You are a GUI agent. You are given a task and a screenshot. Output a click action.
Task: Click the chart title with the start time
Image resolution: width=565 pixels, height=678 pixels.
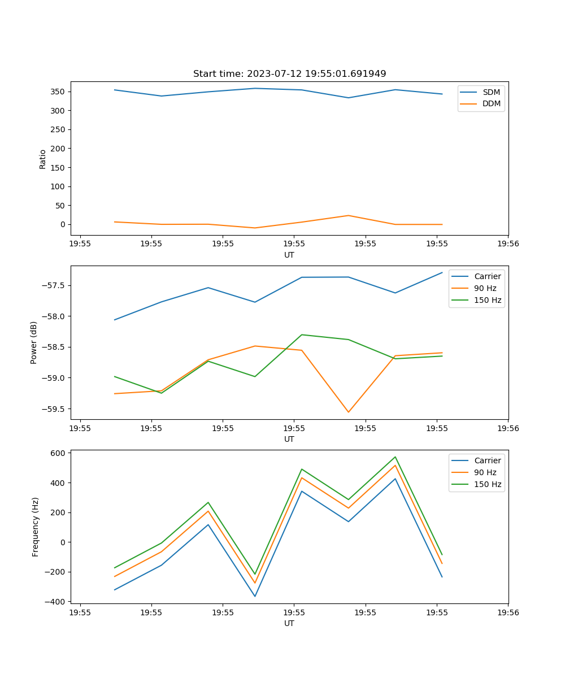coord(289,74)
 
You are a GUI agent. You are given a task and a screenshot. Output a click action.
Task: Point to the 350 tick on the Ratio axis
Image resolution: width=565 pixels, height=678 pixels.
coord(58,92)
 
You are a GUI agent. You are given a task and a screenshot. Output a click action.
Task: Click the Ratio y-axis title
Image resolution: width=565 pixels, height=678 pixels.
coord(42,159)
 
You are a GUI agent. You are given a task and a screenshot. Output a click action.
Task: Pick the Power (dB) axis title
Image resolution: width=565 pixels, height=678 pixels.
coord(34,342)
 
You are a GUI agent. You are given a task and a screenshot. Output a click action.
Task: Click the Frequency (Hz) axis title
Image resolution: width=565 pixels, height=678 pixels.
coord(36,527)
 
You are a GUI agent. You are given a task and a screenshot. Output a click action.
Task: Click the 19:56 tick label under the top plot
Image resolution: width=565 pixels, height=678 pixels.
coord(508,244)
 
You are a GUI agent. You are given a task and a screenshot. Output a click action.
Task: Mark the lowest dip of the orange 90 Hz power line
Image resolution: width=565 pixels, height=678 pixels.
coord(348,412)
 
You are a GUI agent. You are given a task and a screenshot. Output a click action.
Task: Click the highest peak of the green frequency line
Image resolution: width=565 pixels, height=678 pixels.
coord(395,457)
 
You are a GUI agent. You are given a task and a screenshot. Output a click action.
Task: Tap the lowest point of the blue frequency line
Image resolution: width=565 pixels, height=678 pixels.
coord(255,596)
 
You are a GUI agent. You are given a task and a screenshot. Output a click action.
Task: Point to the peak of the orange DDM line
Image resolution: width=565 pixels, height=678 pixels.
coord(349,215)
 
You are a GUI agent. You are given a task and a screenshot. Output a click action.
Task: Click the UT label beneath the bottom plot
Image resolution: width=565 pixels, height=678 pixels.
coord(289,623)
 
